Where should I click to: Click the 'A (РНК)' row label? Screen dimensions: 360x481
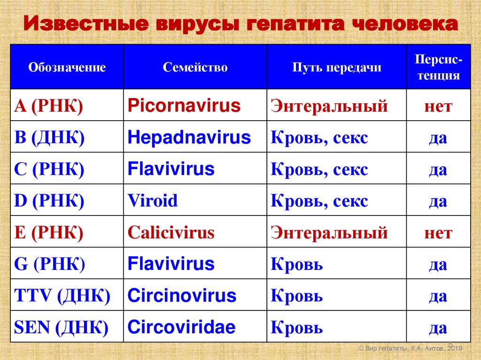tap(49, 106)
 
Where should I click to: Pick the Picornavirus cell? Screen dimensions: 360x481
tap(184, 106)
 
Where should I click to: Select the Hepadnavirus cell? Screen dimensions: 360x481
tap(189, 138)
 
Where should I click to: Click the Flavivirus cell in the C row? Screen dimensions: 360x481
tap(171, 169)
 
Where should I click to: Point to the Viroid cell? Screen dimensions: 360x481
tap(153, 201)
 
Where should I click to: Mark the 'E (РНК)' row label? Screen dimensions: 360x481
tap(49, 232)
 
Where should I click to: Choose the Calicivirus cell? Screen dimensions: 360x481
tap(171, 232)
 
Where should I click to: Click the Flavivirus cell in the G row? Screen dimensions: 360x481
tap(171, 264)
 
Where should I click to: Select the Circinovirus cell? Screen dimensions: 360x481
tap(182, 296)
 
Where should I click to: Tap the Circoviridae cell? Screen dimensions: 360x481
tap(181, 327)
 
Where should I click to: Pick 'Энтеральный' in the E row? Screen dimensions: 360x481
tap(329, 232)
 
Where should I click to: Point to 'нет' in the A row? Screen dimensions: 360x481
tap(438, 106)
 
